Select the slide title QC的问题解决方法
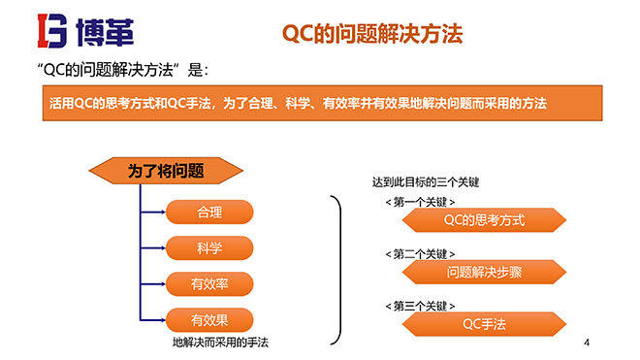[x=371, y=34]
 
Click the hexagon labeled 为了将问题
[x=166, y=171]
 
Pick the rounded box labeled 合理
[x=209, y=212]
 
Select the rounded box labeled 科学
[x=209, y=247]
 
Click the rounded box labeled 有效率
[x=209, y=283]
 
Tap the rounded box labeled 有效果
[x=209, y=319]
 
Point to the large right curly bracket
[x=336, y=270]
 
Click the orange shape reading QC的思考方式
[x=484, y=220]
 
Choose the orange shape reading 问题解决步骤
[x=484, y=272]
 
